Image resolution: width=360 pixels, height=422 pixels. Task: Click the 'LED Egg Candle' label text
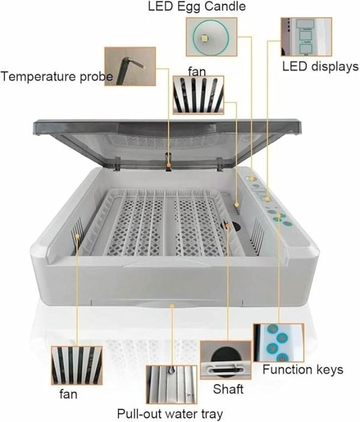197,7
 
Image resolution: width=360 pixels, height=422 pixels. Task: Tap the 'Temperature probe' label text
57,77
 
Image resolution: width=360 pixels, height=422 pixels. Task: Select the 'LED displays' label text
320,67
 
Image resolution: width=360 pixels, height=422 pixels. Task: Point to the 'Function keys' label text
303,370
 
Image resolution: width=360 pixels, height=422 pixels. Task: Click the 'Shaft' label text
228,389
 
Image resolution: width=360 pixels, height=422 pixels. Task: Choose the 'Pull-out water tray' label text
170,414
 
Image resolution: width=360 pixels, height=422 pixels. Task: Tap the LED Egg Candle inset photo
211,37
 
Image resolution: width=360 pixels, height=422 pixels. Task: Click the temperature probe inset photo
130,67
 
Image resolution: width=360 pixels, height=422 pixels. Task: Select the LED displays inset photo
306,37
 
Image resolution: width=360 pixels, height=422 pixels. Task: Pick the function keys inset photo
279,343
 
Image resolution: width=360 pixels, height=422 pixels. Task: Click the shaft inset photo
226,360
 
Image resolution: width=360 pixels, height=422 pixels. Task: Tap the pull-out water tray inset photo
172,384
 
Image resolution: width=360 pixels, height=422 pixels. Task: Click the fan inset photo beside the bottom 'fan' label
77,366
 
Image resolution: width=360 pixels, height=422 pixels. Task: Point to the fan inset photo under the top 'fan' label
198,95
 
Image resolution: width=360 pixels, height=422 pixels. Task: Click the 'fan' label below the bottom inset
68,394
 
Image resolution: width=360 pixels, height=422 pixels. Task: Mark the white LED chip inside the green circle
205,39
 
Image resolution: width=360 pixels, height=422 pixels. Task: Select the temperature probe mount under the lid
169,161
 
